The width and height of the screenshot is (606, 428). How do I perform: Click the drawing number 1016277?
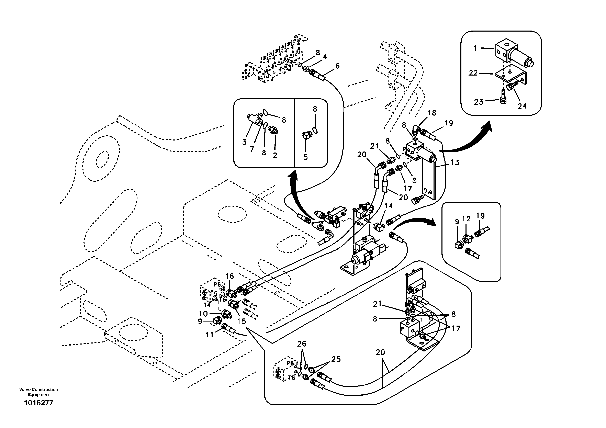[38, 403]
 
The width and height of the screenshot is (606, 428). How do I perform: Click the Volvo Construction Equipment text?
[38, 392]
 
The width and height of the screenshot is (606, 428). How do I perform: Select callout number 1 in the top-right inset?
[475, 48]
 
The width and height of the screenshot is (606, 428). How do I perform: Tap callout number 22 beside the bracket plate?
[473, 73]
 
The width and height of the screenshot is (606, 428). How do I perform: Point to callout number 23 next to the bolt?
[478, 102]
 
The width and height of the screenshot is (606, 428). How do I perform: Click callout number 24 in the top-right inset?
[522, 106]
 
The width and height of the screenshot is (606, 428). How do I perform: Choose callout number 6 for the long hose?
[337, 66]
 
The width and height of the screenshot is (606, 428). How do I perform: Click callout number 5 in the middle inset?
[305, 157]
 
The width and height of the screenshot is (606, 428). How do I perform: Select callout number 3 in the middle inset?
[244, 142]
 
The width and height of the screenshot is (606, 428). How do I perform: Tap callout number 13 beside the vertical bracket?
[455, 162]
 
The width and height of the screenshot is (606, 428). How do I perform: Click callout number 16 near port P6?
[230, 276]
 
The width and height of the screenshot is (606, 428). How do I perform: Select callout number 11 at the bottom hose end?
[210, 335]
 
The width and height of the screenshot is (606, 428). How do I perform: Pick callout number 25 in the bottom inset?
[336, 359]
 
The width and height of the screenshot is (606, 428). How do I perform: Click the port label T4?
[207, 305]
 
